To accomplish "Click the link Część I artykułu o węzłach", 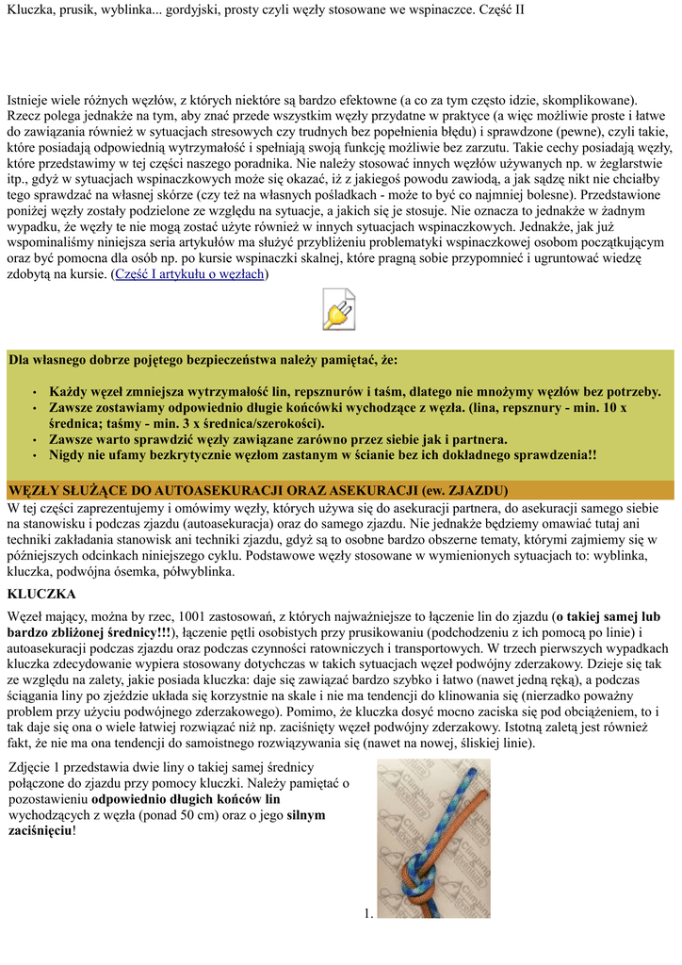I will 189,273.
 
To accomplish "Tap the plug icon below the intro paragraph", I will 339,309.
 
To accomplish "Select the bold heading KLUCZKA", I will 42,594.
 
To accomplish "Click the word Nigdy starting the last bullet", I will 69,454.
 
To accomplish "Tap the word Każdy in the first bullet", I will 70,392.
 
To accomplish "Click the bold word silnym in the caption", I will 306,814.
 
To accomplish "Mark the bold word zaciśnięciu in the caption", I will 39,830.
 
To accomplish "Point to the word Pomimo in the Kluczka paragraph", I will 311,711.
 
